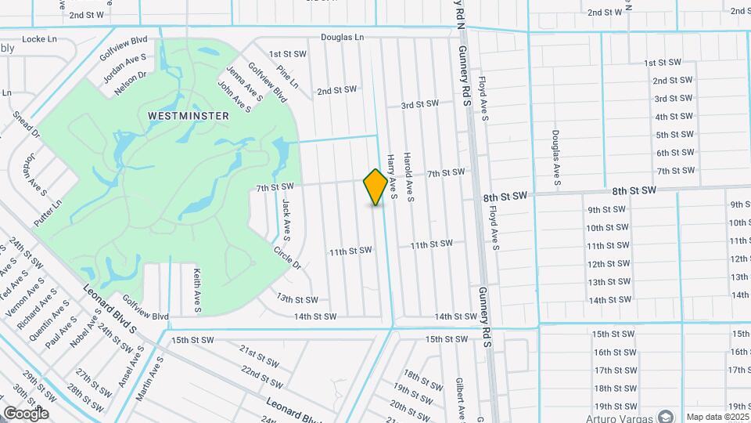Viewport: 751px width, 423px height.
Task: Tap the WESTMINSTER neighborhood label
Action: pyautogui.click(x=189, y=115)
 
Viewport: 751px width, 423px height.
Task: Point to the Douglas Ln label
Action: pyautogui.click(x=342, y=37)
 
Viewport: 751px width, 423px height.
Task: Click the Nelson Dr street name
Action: pyautogui.click(x=131, y=84)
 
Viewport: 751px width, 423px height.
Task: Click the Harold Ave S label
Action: pyautogui.click(x=408, y=172)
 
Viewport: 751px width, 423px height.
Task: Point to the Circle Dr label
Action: pyautogui.click(x=287, y=258)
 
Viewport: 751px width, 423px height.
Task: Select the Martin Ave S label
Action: pyautogui.click(x=149, y=380)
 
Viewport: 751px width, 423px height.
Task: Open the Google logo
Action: pyautogui.click(x=26, y=413)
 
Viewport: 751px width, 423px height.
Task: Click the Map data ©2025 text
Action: pyautogui.click(x=717, y=416)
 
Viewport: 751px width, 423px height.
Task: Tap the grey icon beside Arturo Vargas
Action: pyautogui.click(x=665, y=416)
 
